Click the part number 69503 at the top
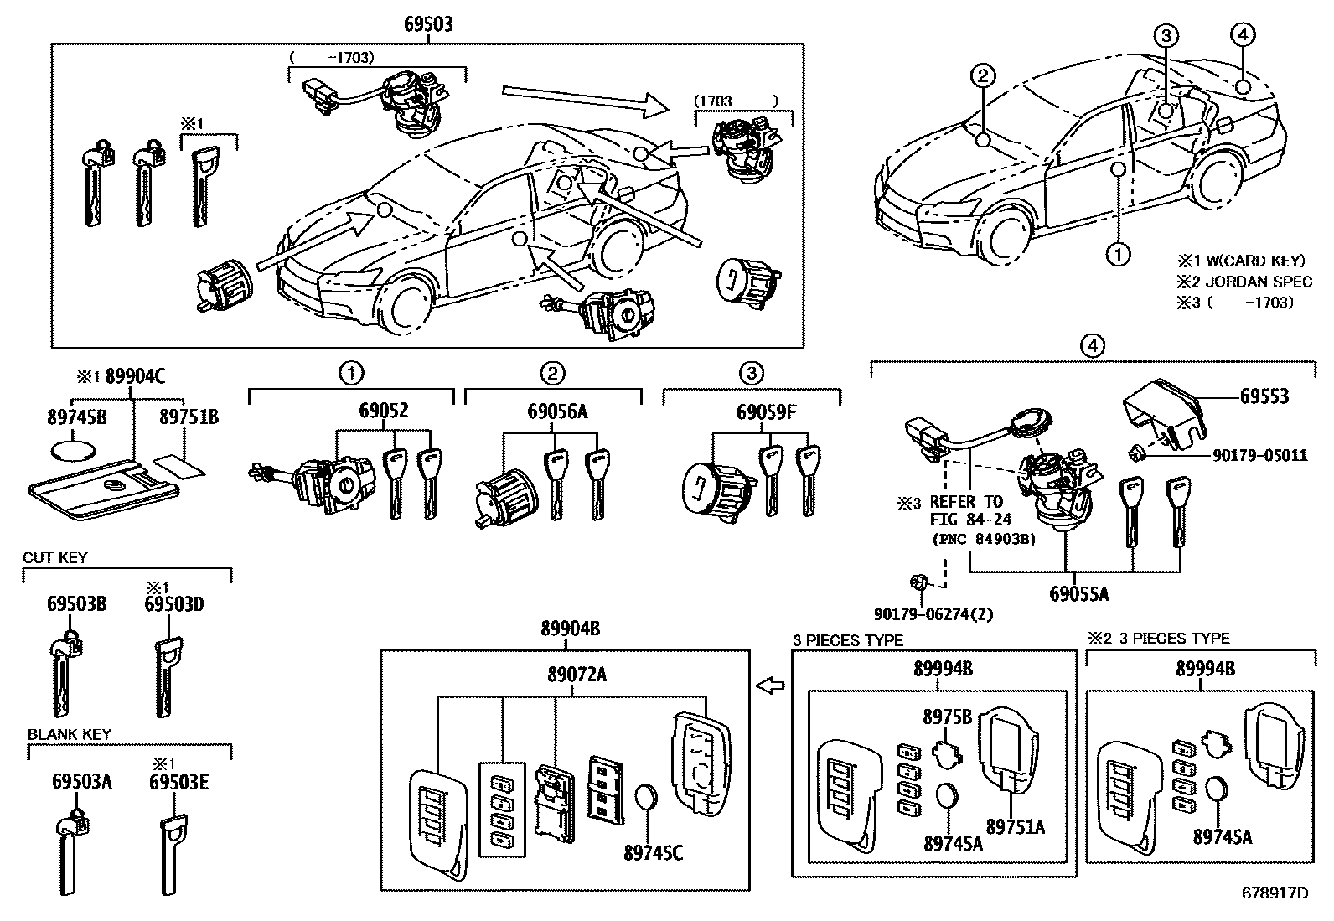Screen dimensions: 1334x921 pyautogui.click(x=428, y=23)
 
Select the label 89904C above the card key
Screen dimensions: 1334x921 pyautogui.click(x=135, y=376)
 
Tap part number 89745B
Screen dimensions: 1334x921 pyautogui.click(x=77, y=417)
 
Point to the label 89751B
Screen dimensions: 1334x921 pyautogui.click(x=189, y=417)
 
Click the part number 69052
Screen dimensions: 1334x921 pyautogui.click(x=384, y=411)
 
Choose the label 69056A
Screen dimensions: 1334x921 pyautogui.click(x=557, y=411)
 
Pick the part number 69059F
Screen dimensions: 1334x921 pyautogui.click(x=766, y=411)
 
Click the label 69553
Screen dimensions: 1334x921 pyautogui.click(x=1264, y=396)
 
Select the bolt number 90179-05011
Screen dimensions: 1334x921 pyautogui.click(x=1260, y=456)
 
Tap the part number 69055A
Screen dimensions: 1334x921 pyautogui.click(x=1079, y=594)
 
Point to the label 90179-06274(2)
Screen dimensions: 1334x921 pyautogui.click(x=933, y=614)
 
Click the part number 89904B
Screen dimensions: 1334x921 pyautogui.click(x=571, y=629)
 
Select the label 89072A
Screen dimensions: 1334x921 pyautogui.click(x=577, y=675)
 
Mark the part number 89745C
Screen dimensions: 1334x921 pyautogui.click(x=654, y=853)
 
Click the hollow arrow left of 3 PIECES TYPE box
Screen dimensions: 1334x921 pyautogui.click(x=770, y=686)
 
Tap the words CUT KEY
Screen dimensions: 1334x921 pyautogui.click(x=54, y=557)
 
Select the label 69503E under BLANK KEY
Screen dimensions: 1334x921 pyautogui.click(x=178, y=782)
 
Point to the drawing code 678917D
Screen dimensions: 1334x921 pyautogui.click(x=1275, y=893)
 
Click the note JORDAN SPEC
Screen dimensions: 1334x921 pyautogui.click(x=1259, y=282)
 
